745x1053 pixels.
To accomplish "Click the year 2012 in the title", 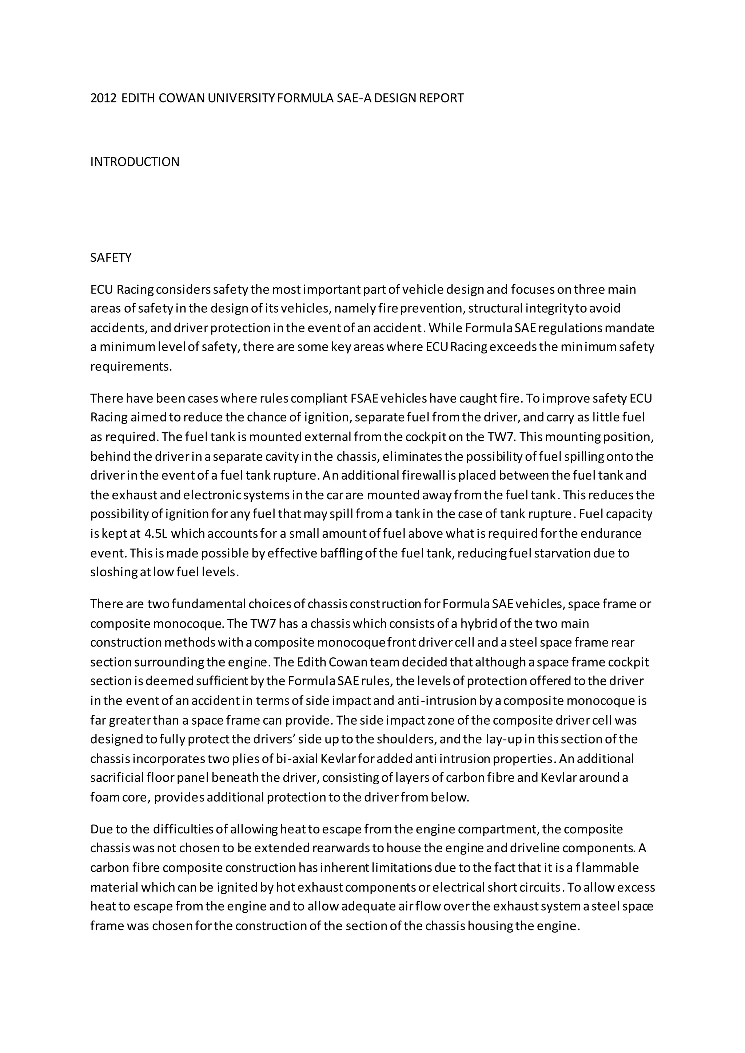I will (104, 98).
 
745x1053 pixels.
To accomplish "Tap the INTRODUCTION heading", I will (135, 162).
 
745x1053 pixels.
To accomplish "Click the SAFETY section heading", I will (111, 258).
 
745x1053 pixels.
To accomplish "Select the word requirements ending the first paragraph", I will (131, 367).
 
